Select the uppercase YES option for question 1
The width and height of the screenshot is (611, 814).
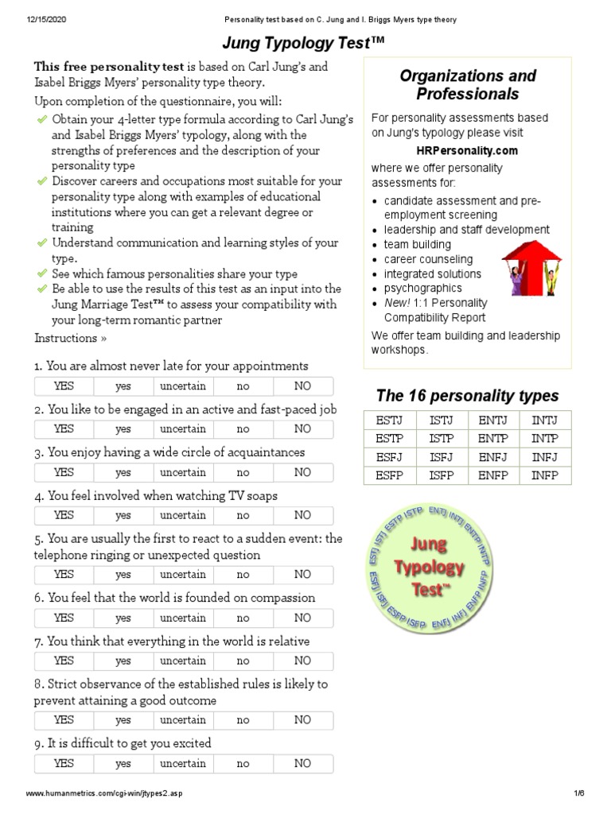pos(64,386)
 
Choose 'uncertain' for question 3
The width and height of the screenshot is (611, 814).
pos(183,472)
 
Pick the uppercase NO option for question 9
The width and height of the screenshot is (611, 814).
pos(302,763)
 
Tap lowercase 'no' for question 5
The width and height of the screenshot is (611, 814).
pos(243,575)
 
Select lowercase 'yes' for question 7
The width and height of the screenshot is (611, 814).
pos(123,661)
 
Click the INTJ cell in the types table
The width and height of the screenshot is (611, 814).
pos(545,420)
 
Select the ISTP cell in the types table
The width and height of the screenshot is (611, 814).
pos(442,439)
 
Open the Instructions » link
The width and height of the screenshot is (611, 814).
pos(71,338)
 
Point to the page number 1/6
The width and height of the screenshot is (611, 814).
pos(578,794)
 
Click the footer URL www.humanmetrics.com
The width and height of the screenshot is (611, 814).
pos(111,794)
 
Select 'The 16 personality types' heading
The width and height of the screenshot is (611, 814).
pos(467,395)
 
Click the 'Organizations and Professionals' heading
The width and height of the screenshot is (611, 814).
pos(467,85)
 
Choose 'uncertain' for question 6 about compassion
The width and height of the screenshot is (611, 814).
pos(183,618)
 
